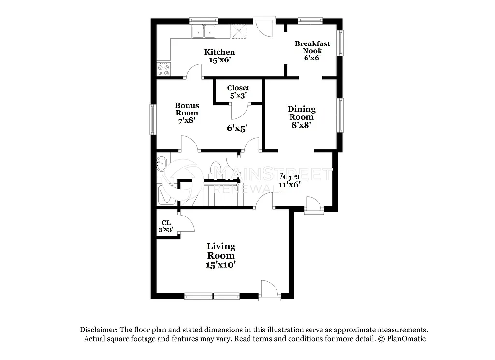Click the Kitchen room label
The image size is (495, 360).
click(219, 56)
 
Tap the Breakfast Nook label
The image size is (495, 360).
click(312, 50)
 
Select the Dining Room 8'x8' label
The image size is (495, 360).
click(301, 116)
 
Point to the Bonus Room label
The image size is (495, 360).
click(187, 113)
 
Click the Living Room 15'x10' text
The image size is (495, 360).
click(221, 256)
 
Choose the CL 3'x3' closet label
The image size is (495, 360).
click(166, 226)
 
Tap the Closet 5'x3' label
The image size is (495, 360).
click(238, 91)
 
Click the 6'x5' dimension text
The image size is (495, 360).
click(237, 128)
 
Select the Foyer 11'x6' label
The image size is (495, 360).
click(290, 180)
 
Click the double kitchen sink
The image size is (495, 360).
click(204, 32)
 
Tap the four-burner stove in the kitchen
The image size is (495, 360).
click(163, 69)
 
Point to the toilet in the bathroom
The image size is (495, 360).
click(216, 169)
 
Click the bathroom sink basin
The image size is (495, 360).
click(161, 163)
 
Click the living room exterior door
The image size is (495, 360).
click(268, 289)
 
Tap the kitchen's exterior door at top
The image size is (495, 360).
click(264, 27)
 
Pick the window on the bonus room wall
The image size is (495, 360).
click(152, 119)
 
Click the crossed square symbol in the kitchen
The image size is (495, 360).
click(238, 31)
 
